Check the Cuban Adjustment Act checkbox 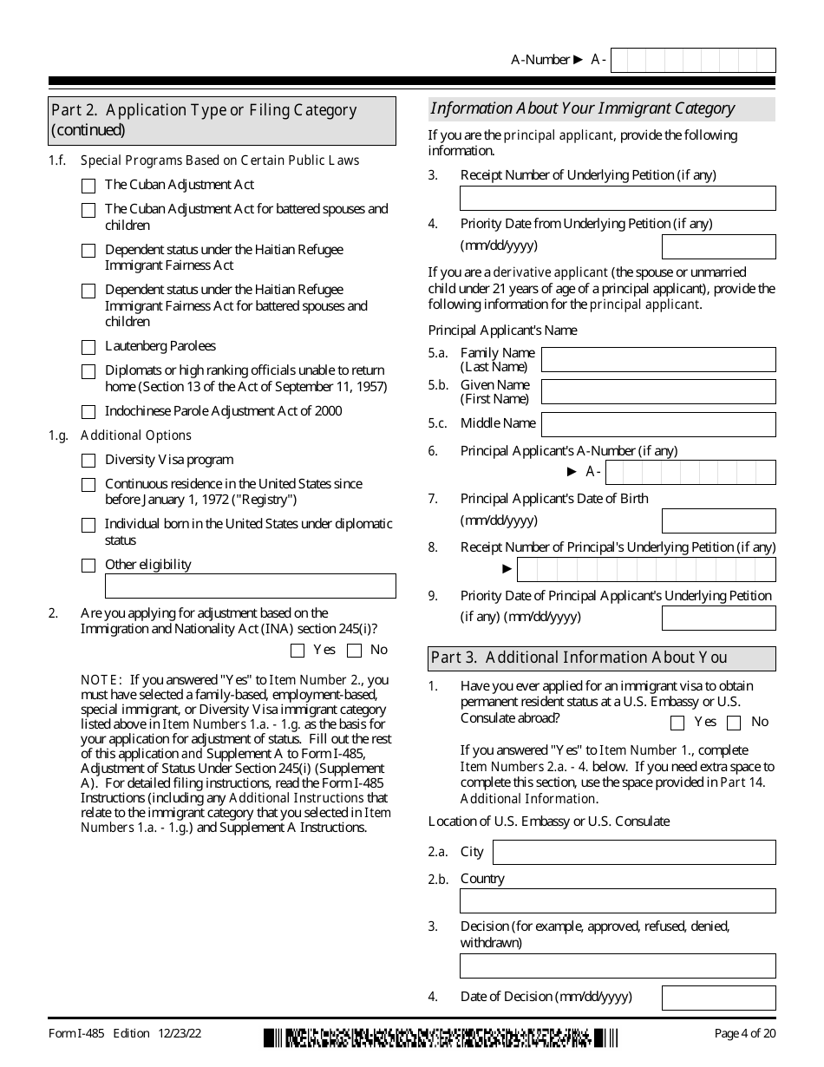[x=88, y=186]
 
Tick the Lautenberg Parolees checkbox [x=88, y=347]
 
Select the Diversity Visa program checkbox [x=88, y=461]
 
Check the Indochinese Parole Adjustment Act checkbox [x=88, y=412]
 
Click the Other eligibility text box [x=250, y=586]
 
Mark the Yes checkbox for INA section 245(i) [x=298, y=651]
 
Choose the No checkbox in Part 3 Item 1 [x=734, y=723]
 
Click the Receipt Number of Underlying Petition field [x=618, y=198]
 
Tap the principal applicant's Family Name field [x=657, y=359]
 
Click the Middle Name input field [x=657, y=424]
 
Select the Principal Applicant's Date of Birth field [x=718, y=520]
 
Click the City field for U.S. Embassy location [x=633, y=852]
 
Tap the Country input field [x=618, y=900]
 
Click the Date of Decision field [x=718, y=998]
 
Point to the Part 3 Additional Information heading [x=579, y=658]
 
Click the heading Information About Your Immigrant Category [x=583, y=108]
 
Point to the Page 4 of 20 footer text [x=744, y=1033]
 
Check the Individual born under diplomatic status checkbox [x=88, y=526]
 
